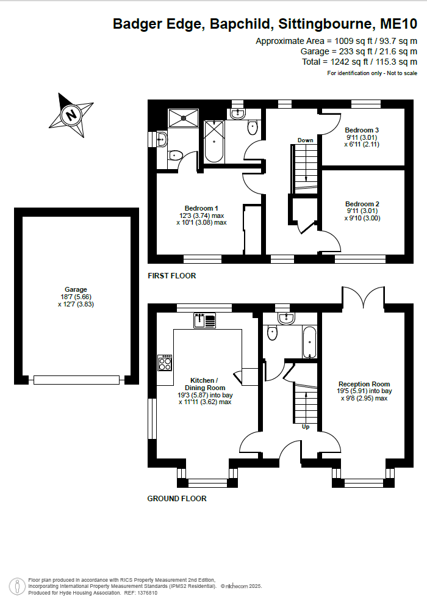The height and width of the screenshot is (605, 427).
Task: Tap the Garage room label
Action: tap(76, 289)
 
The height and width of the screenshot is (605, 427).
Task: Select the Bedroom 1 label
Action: tap(201, 208)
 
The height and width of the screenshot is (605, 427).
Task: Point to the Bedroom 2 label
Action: tap(362, 204)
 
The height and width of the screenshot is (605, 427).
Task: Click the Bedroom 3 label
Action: tap(362, 130)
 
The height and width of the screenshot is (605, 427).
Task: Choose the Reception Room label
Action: tap(364, 384)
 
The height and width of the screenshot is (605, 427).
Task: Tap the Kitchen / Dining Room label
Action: tap(204, 384)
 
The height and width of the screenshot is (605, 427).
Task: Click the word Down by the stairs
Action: tap(305, 140)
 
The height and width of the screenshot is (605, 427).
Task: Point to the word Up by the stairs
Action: tap(306, 427)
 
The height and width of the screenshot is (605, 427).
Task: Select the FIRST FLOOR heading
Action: tap(172, 275)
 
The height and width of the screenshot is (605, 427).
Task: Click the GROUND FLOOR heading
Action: tap(177, 499)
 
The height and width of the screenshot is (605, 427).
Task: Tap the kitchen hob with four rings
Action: tap(165, 363)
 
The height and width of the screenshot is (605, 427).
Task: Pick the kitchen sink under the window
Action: tap(204, 321)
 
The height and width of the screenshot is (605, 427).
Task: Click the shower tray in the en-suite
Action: tap(184, 118)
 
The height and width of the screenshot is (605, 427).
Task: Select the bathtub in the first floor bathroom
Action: tap(214, 142)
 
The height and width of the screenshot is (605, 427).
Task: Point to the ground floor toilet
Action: tap(273, 333)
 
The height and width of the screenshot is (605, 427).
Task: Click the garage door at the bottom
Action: tap(76, 380)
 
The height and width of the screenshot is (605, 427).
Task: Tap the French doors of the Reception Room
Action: tap(363, 297)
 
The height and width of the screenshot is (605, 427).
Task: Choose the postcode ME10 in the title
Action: tap(398, 24)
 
